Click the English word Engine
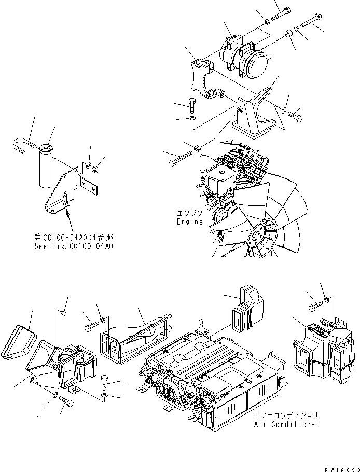pos(189,221)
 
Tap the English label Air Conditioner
pos(286,424)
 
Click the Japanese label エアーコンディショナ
pos(286,416)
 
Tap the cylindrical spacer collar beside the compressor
pos(287,36)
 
